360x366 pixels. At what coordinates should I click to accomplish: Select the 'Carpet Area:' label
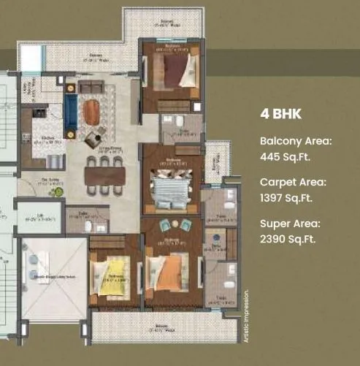293,183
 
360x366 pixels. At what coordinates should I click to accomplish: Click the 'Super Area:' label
290,224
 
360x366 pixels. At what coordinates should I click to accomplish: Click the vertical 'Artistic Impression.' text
247,308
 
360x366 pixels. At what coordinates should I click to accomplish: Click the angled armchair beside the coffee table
93,138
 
